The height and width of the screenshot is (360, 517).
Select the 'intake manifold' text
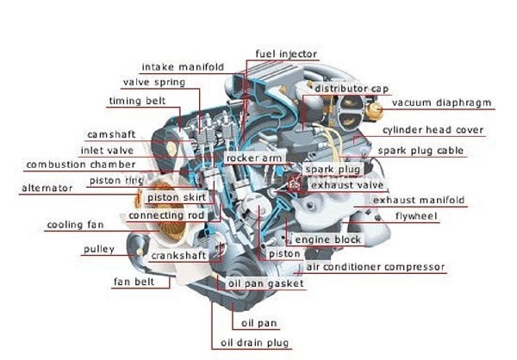(x=182, y=67)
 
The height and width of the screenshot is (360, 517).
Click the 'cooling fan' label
(x=74, y=226)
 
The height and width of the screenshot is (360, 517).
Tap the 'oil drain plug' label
(x=255, y=343)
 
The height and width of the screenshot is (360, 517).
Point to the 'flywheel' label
(x=416, y=215)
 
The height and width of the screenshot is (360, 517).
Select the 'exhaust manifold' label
(x=419, y=201)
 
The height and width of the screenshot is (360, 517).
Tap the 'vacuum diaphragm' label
(x=440, y=103)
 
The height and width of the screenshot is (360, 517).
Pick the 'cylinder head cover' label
(x=433, y=131)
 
